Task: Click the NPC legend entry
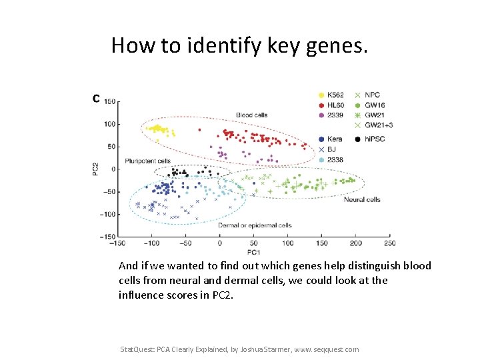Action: [x=371, y=95]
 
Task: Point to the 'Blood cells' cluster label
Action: [x=252, y=115]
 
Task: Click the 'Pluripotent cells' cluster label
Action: [x=147, y=161]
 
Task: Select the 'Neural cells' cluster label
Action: [x=362, y=199]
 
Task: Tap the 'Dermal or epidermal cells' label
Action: [x=255, y=225]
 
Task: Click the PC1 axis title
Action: [x=253, y=253]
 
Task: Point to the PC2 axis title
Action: [x=96, y=169]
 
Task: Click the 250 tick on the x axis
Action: [x=389, y=243]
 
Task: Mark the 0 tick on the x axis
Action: [x=219, y=243]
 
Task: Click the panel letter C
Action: [x=97, y=99]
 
